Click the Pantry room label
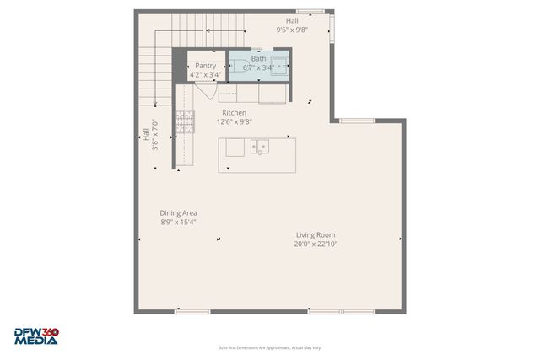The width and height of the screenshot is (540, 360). click(x=206, y=66)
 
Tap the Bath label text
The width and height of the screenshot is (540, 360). click(x=257, y=59)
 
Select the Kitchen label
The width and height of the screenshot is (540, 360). click(x=234, y=112)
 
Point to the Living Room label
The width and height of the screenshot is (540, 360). click(x=316, y=235)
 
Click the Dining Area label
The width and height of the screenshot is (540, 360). click(x=178, y=213)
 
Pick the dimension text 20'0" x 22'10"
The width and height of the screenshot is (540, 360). click(x=316, y=244)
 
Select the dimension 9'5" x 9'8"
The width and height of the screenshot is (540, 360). click(x=292, y=30)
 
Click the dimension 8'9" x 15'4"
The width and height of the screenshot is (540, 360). click(x=178, y=223)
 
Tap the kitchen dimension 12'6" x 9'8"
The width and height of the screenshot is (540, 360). click(x=234, y=121)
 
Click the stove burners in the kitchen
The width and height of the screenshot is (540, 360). click(x=184, y=121)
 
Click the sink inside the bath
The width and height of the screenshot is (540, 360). click(x=281, y=63)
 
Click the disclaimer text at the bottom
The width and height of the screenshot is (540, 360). click(x=269, y=347)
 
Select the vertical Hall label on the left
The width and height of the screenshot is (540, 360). click(x=149, y=134)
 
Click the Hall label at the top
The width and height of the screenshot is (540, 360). click(x=292, y=20)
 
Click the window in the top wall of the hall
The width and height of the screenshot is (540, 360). click(x=310, y=12)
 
